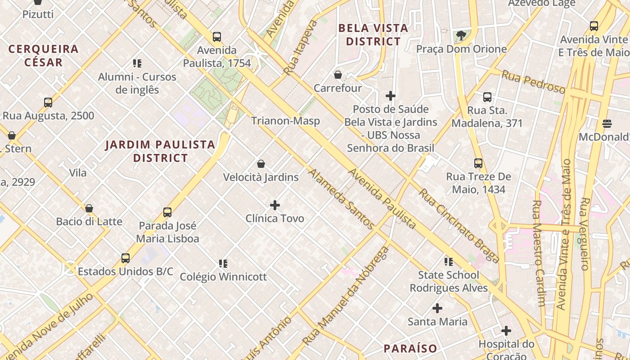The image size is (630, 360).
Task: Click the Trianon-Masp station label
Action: [285, 121]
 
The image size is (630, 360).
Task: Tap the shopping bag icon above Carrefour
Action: [338, 75]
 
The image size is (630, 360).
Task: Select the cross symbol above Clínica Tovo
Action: [274, 206]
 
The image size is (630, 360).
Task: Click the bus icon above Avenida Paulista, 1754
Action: [217, 37]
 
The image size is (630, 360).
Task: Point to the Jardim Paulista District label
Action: [160, 151]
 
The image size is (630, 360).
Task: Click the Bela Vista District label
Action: [373, 35]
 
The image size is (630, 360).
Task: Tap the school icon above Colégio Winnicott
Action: [223, 264]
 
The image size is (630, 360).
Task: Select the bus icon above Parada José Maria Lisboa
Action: [167, 212]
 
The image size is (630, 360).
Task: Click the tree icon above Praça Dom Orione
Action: [461, 36]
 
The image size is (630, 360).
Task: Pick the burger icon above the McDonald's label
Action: [607, 124]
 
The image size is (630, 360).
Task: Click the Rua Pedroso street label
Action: [533, 82]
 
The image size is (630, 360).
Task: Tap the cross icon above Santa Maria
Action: [437, 309]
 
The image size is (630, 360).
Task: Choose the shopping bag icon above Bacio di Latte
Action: [89, 209]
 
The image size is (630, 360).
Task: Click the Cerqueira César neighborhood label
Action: [44, 55]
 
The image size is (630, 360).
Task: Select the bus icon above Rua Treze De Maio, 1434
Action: [478, 163]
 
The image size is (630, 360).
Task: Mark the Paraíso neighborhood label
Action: [410, 348]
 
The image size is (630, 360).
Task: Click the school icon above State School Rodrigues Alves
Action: [448, 262]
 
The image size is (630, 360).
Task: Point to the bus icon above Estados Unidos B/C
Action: [126, 258]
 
